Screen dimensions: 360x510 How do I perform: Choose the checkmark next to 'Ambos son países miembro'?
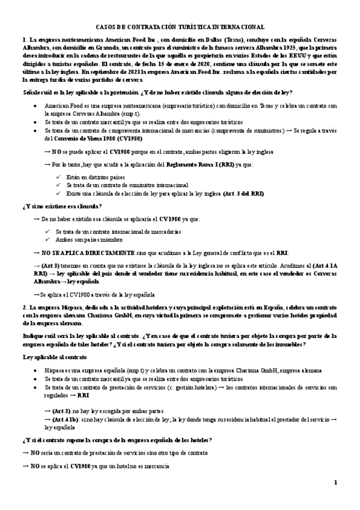[x=49, y=239]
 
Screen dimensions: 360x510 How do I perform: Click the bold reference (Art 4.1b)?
[x=67, y=417]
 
